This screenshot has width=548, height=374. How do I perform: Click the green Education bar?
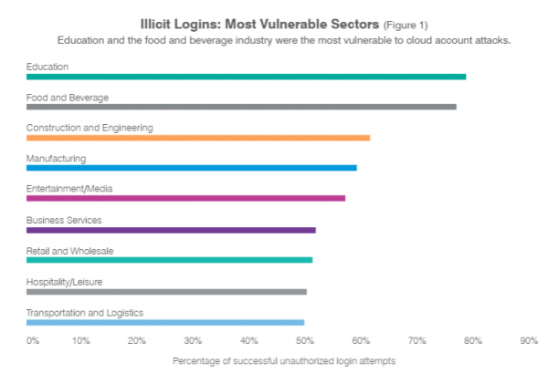(246, 77)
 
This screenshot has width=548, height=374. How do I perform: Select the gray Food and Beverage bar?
(241, 107)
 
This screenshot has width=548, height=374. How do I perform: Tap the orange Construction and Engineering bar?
(198, 138)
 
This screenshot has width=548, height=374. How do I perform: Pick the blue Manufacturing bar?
(192, 168)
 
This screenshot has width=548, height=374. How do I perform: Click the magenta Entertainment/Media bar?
(185, 198)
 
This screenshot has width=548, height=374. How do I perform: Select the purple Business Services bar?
(171, 230)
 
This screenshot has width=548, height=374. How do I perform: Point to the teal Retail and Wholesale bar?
(169, 260)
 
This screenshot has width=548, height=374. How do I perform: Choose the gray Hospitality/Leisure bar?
(166, 292)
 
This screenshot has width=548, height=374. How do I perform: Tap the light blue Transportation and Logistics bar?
(165, 322)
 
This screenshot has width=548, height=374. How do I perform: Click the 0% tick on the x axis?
(33, 340)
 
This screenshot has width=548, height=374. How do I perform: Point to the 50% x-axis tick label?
(305, 340)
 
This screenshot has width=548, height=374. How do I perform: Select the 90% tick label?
(529, 340)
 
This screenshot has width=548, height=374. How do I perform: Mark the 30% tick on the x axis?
(193, 340)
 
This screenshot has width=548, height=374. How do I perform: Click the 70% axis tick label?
(417, 340)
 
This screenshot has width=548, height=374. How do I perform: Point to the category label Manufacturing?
(56, 158)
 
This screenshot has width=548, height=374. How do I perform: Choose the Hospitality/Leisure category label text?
(64, 282)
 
